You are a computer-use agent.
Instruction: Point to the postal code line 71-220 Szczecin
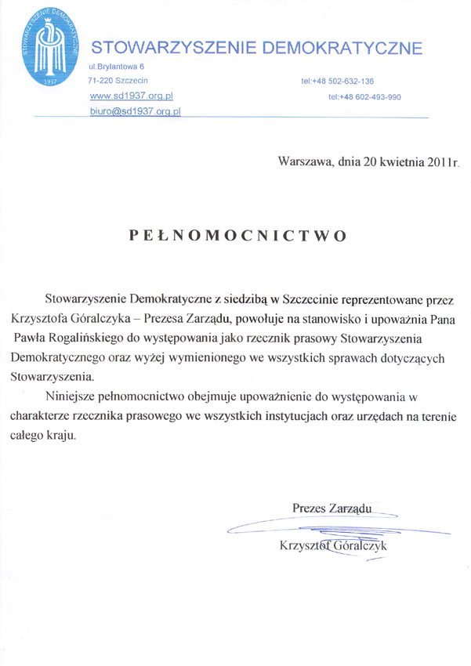(118, 81)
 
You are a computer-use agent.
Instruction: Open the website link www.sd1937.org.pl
(132, 95)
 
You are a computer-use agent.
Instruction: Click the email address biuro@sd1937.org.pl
(136, 111)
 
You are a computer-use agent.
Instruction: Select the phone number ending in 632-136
(337, 81)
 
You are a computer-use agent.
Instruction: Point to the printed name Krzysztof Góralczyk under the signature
(333, 546)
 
